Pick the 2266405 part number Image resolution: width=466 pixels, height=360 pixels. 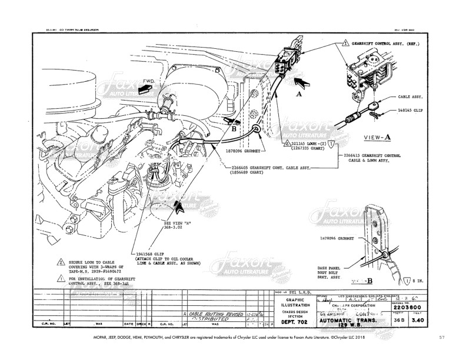(x=244, y=166)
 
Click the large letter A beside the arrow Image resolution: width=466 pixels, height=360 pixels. (x=298, y=92)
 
